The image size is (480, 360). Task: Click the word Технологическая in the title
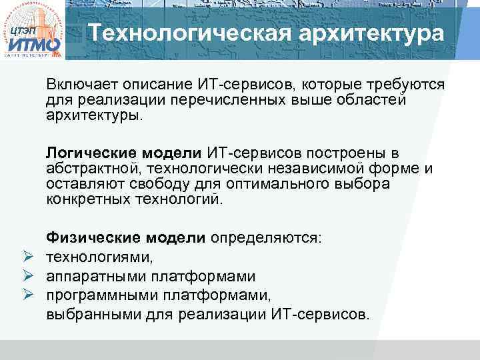click(x=174, y=33)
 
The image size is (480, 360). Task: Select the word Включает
click(x=79, y=85)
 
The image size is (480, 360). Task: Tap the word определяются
click(x=265, y=238)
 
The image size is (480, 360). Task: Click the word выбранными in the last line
click(x=87, y=313)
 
